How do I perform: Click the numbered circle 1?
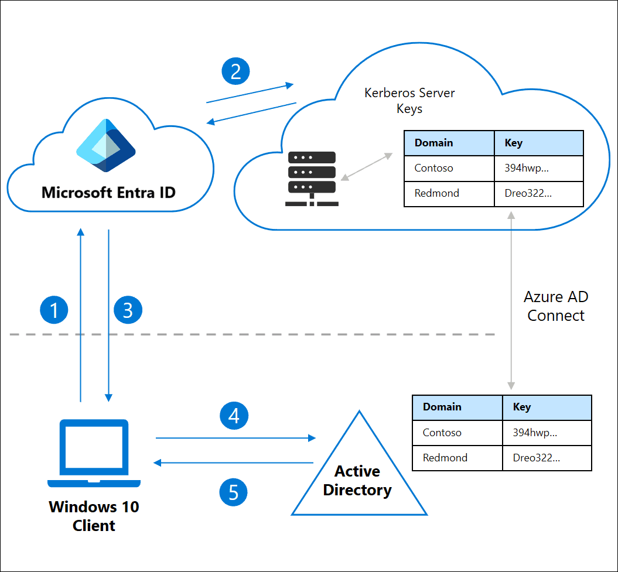pos(54,310)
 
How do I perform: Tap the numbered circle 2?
pos(235,71)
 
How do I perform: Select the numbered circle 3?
pos(128,310)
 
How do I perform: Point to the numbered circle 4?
pos(234,416)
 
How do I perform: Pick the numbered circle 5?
pos(234,492)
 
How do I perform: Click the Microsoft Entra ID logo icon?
pos(106,146)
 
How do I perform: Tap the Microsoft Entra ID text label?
pos(108,192)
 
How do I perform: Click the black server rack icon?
pos(310,179)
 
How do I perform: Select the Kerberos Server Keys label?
pos(409,101)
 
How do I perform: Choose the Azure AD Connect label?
pos(555,306)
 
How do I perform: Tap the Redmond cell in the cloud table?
pos(436,193)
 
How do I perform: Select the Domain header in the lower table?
pos(442,407)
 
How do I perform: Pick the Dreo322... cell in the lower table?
pos(536,458)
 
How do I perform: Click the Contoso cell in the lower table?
pos(442,433)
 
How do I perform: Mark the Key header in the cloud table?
pos(513,143)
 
